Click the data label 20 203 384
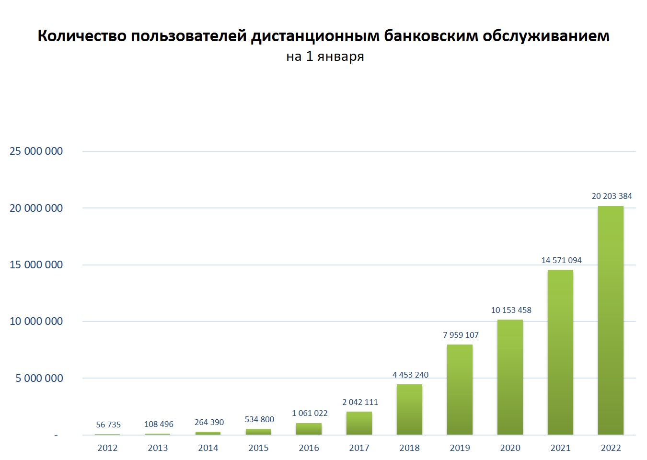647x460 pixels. [x=612, y=196]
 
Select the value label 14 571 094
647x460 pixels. [x=561, y=260]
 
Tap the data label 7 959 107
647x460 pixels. [x=461, y=335]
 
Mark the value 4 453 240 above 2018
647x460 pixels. [x=410, y=375]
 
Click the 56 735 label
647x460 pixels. [x=108, y=425]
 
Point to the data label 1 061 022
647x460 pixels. [x=310, y=413]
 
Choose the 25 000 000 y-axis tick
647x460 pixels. [x=36, y=151]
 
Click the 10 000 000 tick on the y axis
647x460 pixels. [x=36, y=322]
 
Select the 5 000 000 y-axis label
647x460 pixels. [x=39, y=379]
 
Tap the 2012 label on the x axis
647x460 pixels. [x=107, y=448]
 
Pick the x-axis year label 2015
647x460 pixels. [x=258, y=448]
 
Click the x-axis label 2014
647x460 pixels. [x=208, y=448]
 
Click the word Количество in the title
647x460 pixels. [x=82, y=36]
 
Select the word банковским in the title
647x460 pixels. [x=431, y=36]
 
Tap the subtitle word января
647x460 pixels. [x=341, y=57]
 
